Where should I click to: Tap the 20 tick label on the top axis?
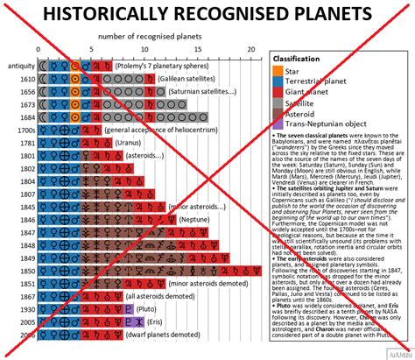pos(251,49)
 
